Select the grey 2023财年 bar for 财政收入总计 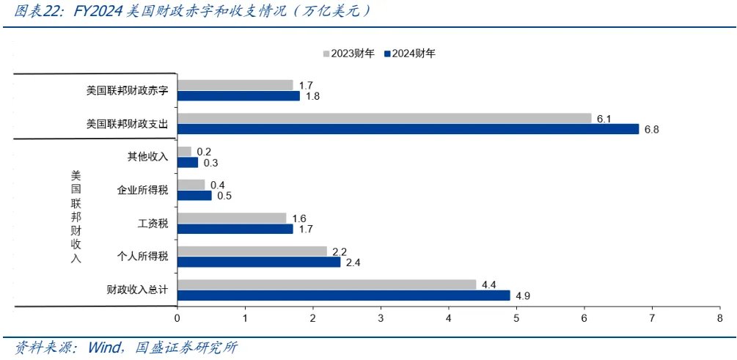point(326,284)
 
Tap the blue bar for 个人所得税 point(259,262)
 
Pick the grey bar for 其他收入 point(184,152)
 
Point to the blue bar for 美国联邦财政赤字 point(238,96)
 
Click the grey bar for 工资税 point(232,218)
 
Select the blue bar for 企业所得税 point(194,196)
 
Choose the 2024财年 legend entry point(410,54)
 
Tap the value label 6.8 point(651,130)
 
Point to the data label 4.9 point(522,296)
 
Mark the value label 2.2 point(339,251)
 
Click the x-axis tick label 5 point(516,318)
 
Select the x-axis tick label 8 point(719,318)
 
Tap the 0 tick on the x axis point(177,318)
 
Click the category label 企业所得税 point(143,191)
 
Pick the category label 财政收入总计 point(138,290)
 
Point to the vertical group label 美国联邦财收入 point(76,217)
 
